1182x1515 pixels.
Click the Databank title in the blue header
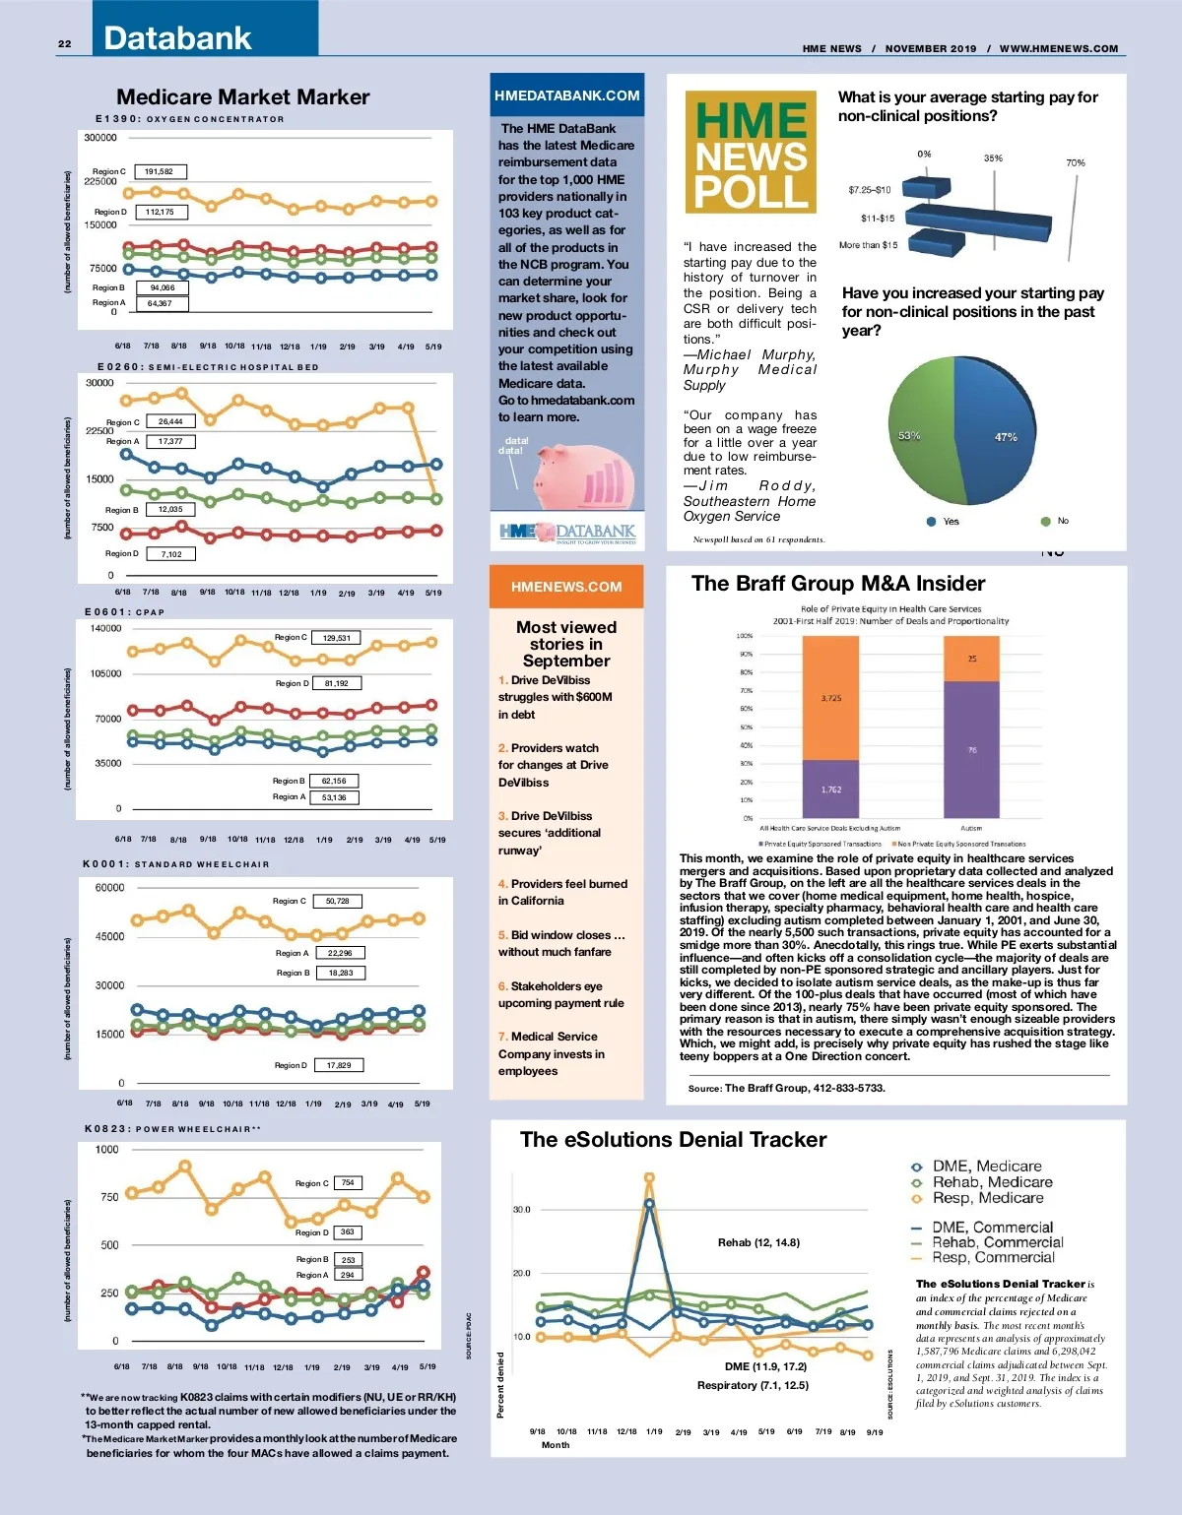pyautogui.click(x=178, y=38)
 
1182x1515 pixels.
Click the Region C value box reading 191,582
pyautogui.click(x=160, y=171)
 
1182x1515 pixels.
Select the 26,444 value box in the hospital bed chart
pyautogui.click(x=170, y=421)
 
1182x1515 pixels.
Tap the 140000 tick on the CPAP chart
pyautogui.click(x=105, y=628)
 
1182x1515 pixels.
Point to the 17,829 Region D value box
pyautogui.click(x=340, y=1065)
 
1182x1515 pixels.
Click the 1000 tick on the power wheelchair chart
pyautogui.click(x=106, y=1149)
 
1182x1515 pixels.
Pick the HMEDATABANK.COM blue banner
pyautogui.click(x=567, y=95)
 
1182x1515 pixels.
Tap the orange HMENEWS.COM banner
pyautogui.click(x=566, y=587)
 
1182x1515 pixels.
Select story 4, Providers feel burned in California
pyautogui.click(x=562, y=892)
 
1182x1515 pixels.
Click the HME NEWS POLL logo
pyautogui.click(x=751, y=153)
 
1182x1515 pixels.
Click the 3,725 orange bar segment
pyautogui.click(x=830, y=698)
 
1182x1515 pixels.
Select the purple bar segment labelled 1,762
pyautogui.click(x=830, y=789)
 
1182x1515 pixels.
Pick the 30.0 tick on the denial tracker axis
pyautogui.click(x=521, y=1209)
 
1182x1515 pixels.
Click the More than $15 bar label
pyautogui.click(x=868, y=245)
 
